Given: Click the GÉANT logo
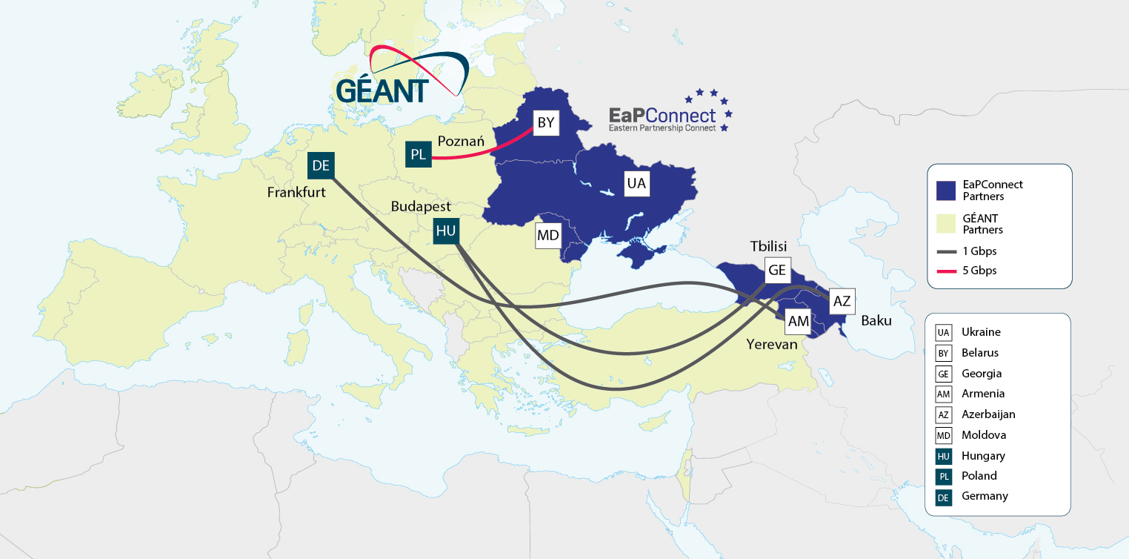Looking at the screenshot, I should coord(401,75).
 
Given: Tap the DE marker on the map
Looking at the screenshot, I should coord(321,165).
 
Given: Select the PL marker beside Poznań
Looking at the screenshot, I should coord(418,154).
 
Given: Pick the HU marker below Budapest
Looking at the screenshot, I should coord(446,231).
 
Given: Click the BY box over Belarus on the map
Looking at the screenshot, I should coord(546,123).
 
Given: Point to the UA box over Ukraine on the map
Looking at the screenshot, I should coord(636,182).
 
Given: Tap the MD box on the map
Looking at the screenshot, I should coord(548,236).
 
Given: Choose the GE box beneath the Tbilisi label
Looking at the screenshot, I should coord(777,270).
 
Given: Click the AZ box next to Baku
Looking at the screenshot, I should coord(842,301).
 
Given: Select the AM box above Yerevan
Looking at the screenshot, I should coord(799,321).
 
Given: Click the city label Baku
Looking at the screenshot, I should coord(876,321).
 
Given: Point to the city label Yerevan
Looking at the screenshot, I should coord(772,344).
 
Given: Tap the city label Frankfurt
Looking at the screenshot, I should coord(296,193).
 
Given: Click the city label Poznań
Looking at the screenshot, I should coord(461,141).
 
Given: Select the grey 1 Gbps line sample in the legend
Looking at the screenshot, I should coord(945,251).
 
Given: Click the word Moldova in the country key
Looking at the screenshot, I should coord(984,434).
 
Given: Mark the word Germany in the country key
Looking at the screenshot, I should coord(985,496).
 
